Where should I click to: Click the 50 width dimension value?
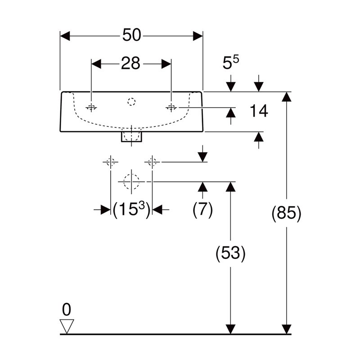pos(131,35)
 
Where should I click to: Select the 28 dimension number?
pos(130,63)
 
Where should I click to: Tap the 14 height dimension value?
pos(259,111)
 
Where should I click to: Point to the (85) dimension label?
pos(286,213)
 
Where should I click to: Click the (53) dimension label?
pos(230,253)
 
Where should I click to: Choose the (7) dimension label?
pos(203,210)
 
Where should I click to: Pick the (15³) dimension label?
pos(131,209)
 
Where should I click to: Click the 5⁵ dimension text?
pos(230,62)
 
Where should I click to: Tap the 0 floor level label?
pos(67,310)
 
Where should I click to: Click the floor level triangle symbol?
pos(67,326)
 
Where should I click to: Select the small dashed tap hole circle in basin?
pos(131,102)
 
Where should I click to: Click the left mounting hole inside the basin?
pos(91,107)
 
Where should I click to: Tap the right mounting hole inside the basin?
pos(171,107)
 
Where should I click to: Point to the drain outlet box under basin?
pos(131,137)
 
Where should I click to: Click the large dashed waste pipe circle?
pos(131,182)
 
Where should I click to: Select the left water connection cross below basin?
pos(110,162)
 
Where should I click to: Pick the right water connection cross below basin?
pos(152,162)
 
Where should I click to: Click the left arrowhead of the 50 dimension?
pos(65,36)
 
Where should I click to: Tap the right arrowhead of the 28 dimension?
pos(166,64)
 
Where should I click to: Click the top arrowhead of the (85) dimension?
pos(286,97)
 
